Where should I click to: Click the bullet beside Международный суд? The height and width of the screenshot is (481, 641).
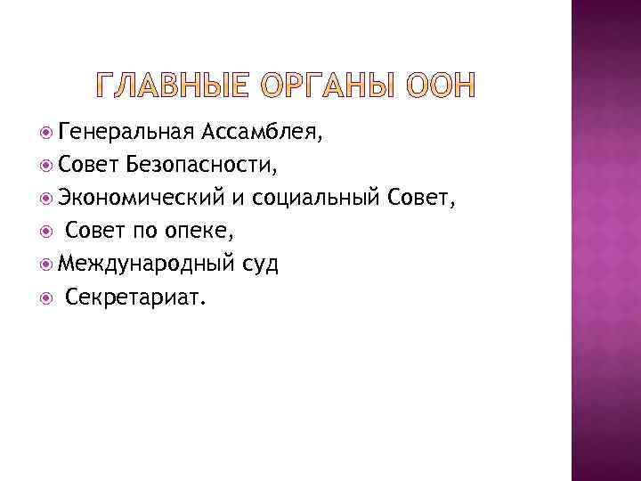[47, 264]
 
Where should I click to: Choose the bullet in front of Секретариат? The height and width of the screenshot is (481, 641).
[47, 297]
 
